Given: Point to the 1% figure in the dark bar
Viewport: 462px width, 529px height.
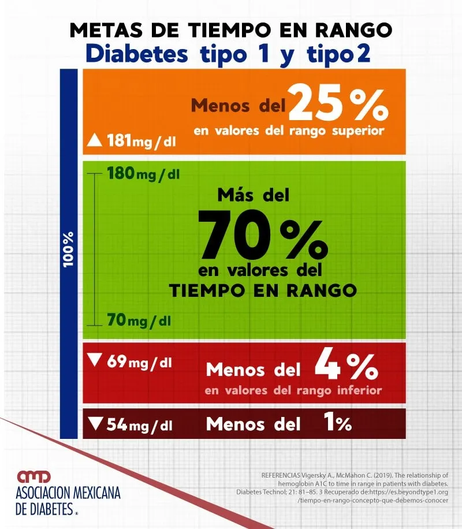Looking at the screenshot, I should (x=334, y=424).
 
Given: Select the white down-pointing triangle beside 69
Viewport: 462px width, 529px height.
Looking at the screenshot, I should (x=94, y=362).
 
